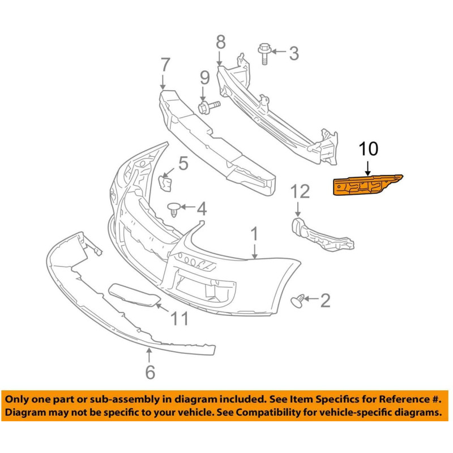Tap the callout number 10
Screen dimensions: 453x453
click(368, 149)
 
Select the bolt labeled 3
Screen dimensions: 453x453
click(264, 54)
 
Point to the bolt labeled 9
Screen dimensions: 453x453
click(208, 106)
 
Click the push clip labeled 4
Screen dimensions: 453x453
click(174, 209)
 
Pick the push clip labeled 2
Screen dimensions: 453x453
click(297, 301)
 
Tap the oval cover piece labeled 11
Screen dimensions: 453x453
click(134, 294)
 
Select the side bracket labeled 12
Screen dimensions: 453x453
click(321, 234)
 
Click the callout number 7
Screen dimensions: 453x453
click(165, 65)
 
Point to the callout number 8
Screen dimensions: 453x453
click(221, 42)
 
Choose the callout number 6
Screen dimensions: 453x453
click(150, 372)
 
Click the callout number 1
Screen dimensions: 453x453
click(254, 234)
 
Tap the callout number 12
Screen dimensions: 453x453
click(300, 191)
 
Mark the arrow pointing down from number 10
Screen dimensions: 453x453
click(367, 168)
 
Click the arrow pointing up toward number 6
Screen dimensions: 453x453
click(149, 356)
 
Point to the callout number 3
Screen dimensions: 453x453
click(294, 53)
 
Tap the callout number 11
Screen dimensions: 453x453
click(179, 319)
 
